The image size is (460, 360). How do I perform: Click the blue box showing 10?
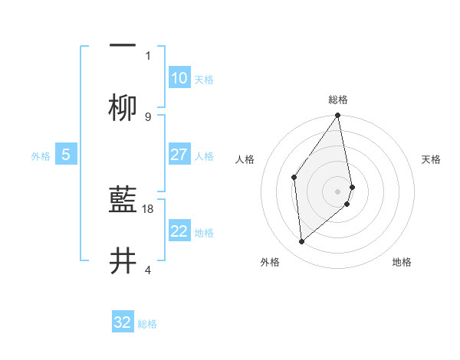pyautogui.click(x=179, y=78)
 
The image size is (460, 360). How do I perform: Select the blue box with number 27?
pyautogui.click(x=179, y=155)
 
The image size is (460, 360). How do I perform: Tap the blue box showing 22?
pyautogui.click(x=179, y=231)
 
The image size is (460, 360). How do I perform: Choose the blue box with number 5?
pyautogui.click(x=66, y=155)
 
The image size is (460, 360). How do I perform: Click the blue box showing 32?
pyautogui.click(x=123, y=322)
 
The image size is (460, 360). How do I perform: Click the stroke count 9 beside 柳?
pyautogui.click(x=148, y=116)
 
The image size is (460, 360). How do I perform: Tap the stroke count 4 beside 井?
pyautogui.click(x=148, y=270)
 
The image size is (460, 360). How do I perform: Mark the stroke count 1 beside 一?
pyautogui.click(x=148, y=55)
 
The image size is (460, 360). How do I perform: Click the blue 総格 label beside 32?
pyautogui.click(x=147, y=324)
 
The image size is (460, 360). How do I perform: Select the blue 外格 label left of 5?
pyautogui.click(x=41, y=156)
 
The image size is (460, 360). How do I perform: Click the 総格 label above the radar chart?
pyautogui.click(x=338, y=100)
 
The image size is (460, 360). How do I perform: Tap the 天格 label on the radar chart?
pyautogui.click(x=431, y=159)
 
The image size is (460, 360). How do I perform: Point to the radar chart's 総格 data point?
pyautogui.click(x=338, y=116)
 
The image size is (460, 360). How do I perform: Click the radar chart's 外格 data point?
pyautogui.click(x=302, y=241)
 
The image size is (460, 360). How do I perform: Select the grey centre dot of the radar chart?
pyautogui.click(x=338, y=190)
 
